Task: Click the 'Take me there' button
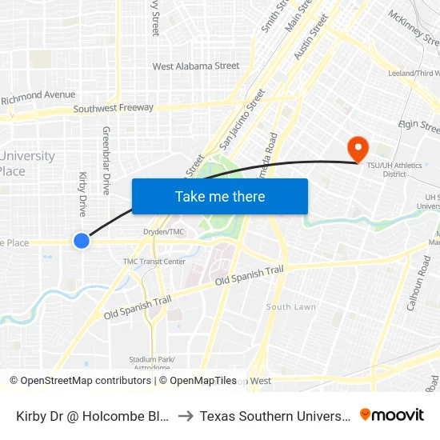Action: coord(220,196)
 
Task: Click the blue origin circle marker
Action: coord(81,240)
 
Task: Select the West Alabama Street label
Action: coord(196,66)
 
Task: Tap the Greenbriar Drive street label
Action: coord(106,160)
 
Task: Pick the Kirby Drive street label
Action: coord(82,194)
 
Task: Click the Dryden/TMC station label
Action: coord(164,232)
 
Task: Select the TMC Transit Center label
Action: coord(154,262)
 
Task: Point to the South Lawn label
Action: coord(290,307)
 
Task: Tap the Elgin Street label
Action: coord(419,126)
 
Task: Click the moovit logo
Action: coord(391,415)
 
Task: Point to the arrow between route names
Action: coord(184,416)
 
